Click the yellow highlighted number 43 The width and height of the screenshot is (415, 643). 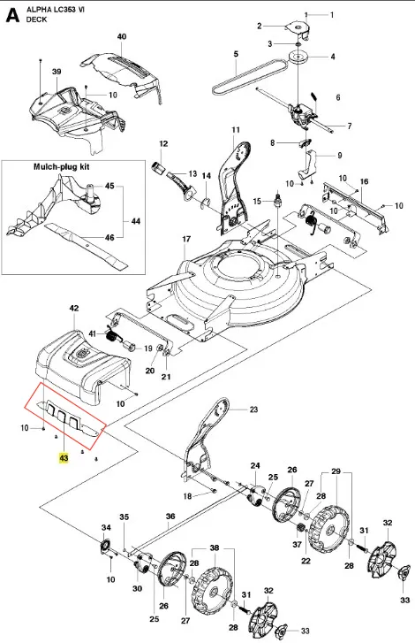64,457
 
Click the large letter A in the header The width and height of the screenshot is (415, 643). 13,15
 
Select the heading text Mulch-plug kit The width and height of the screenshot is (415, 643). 62,167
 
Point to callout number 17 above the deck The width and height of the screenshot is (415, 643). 186,239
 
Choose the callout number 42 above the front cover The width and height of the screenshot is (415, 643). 74,308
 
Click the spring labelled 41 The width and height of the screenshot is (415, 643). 112,336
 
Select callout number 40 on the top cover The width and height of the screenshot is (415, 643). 122,36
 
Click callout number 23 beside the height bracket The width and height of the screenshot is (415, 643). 253,410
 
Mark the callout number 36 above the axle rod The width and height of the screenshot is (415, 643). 170,517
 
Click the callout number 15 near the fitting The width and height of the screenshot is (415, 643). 257,201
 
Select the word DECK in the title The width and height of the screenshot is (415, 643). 36,19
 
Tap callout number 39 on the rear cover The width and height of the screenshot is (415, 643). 57,72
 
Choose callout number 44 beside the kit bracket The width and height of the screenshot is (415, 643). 135,221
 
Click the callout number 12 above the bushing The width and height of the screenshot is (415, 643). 163,144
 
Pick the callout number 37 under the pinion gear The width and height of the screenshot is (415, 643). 297,544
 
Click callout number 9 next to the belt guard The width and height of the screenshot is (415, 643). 339,156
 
